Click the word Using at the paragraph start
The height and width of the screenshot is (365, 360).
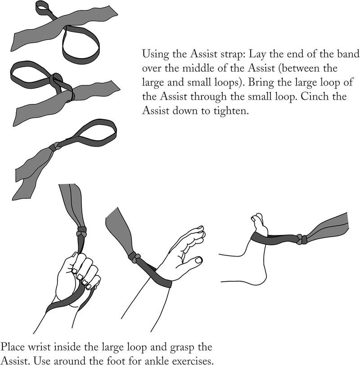click(155, 54)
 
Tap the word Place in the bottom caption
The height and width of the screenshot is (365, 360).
click(13, 347)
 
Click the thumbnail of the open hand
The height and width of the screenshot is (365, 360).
click(198, 260)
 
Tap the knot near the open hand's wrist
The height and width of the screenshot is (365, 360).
click(135, 257)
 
